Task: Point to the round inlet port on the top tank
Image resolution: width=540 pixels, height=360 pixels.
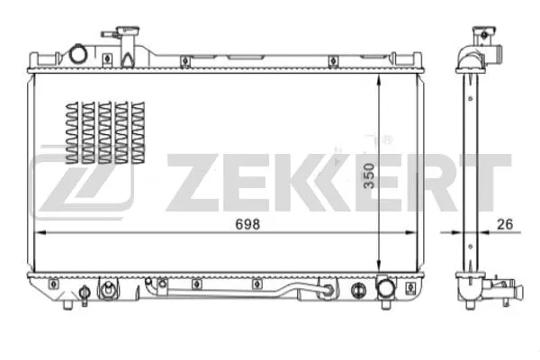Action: (x=78, y=55)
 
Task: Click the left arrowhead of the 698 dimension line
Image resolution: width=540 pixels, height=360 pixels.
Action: (x=38, y=232)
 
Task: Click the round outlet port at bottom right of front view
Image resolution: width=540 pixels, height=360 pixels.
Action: (x=388, y=289)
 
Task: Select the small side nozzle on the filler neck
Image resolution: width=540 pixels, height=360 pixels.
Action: (x=105, y=35)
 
